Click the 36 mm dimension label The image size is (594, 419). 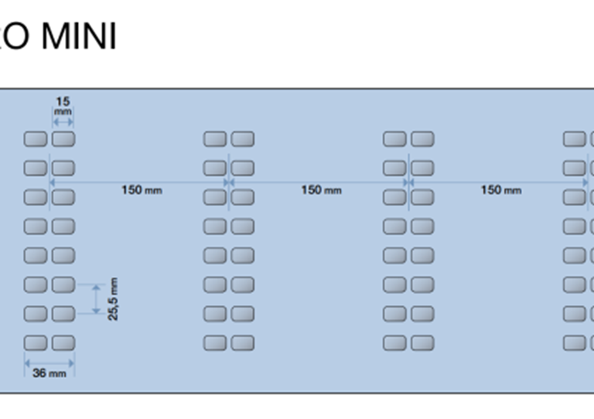pyautogui.click(x=49, y=373)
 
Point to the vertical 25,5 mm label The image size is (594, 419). pyautogui.click(x=113, y=299)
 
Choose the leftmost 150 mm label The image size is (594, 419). pyautogui.click(x=142, y=190)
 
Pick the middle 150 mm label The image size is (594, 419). pyautogui.click(x=321, y=190)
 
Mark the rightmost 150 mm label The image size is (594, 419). pyautogui.click(x=500, y=190)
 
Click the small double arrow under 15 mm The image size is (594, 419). pyautogui.click(x=63, y=121)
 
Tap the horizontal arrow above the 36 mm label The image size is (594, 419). pyautogui.click(x=49, y=361)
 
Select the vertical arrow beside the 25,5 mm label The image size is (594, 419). pyautogui.click(x=96, y=299)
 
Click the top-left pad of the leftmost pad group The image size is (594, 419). pyautogui.click(x=36, y=139)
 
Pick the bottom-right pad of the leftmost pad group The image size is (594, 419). pyautogui.click(x=63, y=342)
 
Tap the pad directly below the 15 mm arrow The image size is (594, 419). pyautogui.click(x=63, y=139)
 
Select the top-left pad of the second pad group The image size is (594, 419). pyautogui.click(x=215, y=139)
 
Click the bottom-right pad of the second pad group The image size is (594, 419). pyautogui.click(x=243, y=342)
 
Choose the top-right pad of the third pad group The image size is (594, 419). pyautogui.click(x=422, y=139)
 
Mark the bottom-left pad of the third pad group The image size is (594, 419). pyautogui.click(x=394, y=342)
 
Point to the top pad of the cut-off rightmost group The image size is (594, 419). pyautogui.click(x=575, y=139)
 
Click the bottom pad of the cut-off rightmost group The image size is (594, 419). pyautogui.click(x=575, y=342)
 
